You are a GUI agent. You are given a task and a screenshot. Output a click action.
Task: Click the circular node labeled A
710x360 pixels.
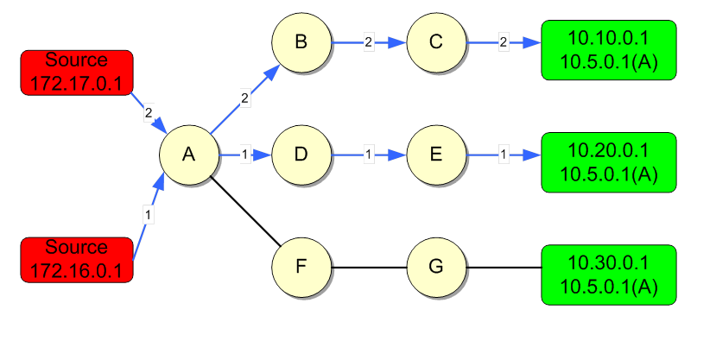point(189,155)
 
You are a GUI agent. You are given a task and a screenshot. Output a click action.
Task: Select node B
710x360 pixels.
point(301,42)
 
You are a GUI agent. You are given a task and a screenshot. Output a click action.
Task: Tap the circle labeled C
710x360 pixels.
point(436,42)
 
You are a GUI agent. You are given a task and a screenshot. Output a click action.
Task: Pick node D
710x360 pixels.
point(301,155)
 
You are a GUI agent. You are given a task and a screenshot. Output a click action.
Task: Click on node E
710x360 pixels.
point(436,155)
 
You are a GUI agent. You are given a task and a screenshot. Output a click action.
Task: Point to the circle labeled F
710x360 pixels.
point(301,267)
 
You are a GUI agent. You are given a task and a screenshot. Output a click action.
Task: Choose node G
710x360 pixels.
point(436,267)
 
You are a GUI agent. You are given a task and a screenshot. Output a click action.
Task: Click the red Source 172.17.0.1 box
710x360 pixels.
point(77,73)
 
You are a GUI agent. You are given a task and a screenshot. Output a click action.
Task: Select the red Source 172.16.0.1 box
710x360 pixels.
point(77,260)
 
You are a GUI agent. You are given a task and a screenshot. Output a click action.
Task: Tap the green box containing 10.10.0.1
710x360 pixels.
point(609,50)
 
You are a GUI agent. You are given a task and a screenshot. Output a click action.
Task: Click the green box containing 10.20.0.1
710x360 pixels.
point(609,162)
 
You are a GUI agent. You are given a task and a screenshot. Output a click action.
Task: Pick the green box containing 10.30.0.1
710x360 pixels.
point(609,275)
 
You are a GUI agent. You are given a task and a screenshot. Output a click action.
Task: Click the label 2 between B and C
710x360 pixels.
point(369,42)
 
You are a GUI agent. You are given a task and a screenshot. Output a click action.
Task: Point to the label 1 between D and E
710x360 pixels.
point(369,155)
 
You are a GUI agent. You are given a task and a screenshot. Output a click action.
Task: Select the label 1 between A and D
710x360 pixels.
point(245,155)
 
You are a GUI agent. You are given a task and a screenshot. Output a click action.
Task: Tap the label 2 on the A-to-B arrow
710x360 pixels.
point(245,98)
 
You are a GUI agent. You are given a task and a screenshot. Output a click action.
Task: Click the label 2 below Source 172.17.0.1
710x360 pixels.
point(149,113)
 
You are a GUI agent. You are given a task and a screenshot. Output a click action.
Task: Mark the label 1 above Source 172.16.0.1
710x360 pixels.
point(148,214)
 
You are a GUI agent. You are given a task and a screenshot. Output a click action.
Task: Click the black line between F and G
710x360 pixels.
point(369,267)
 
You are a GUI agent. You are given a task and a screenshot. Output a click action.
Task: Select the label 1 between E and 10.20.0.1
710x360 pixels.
point(504,155)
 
